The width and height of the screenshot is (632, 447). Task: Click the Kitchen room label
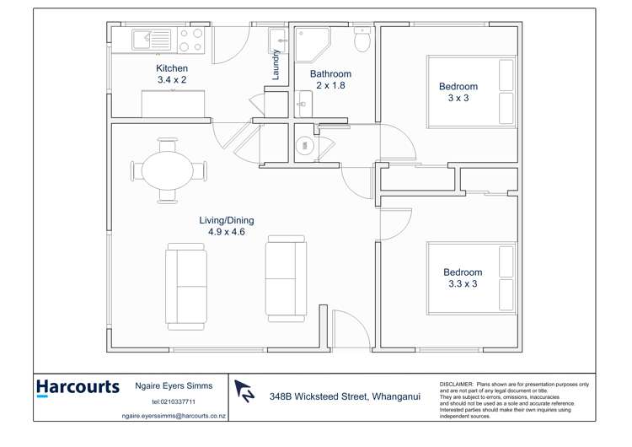pyautogui.click(x=171, y=68)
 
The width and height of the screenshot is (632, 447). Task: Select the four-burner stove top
pyautogui.click(x=190, y=37)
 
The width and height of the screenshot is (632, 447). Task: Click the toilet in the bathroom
pyautogui.click(x=362, y=40)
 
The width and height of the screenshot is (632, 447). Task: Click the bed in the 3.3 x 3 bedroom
pyautogui.click(x=472, y=278)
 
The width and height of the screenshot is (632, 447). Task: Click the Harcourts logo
pyautogui.click(x=78, y=387)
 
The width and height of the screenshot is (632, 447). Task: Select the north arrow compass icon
pyautogui.click(x=244, y=390)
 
